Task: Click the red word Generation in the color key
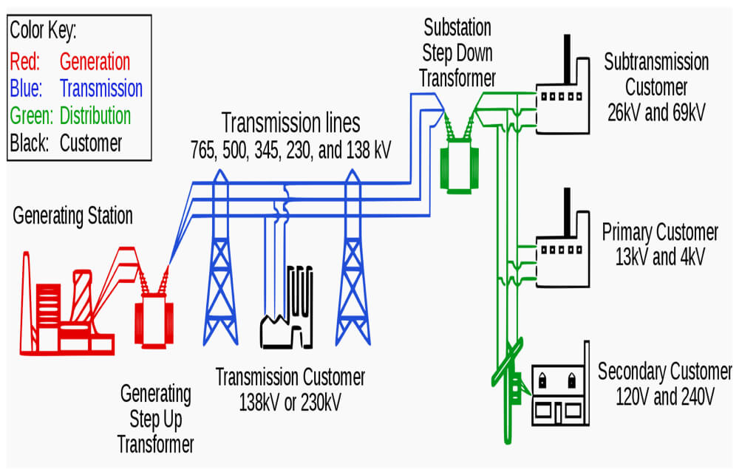pyautogui.click(x=95, y=62)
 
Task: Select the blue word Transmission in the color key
pyautogui.click(x=101, y=89)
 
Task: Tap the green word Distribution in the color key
pyautogui.click(x=95, y=115)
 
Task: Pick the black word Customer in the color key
pyautogui.click(x=90, y=143)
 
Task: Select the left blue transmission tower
pyautogui.click(x=220, y=259)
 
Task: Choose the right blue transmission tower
pyautogui.click(x=353, y=259)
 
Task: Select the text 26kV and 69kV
pyautogui.click(x=656, y=112)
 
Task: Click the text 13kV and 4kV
pyautogui.click(x=660, y=257)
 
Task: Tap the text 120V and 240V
pyautogui.click(x=665, y=396)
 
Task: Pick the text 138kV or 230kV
pyautogui.click(x=290, y=403)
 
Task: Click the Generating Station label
pyautogui.click(x=72, y=216)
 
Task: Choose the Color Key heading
pyautogui.click(x=43, y=30)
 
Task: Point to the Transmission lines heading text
pyautogui.click(x=290, y=123)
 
